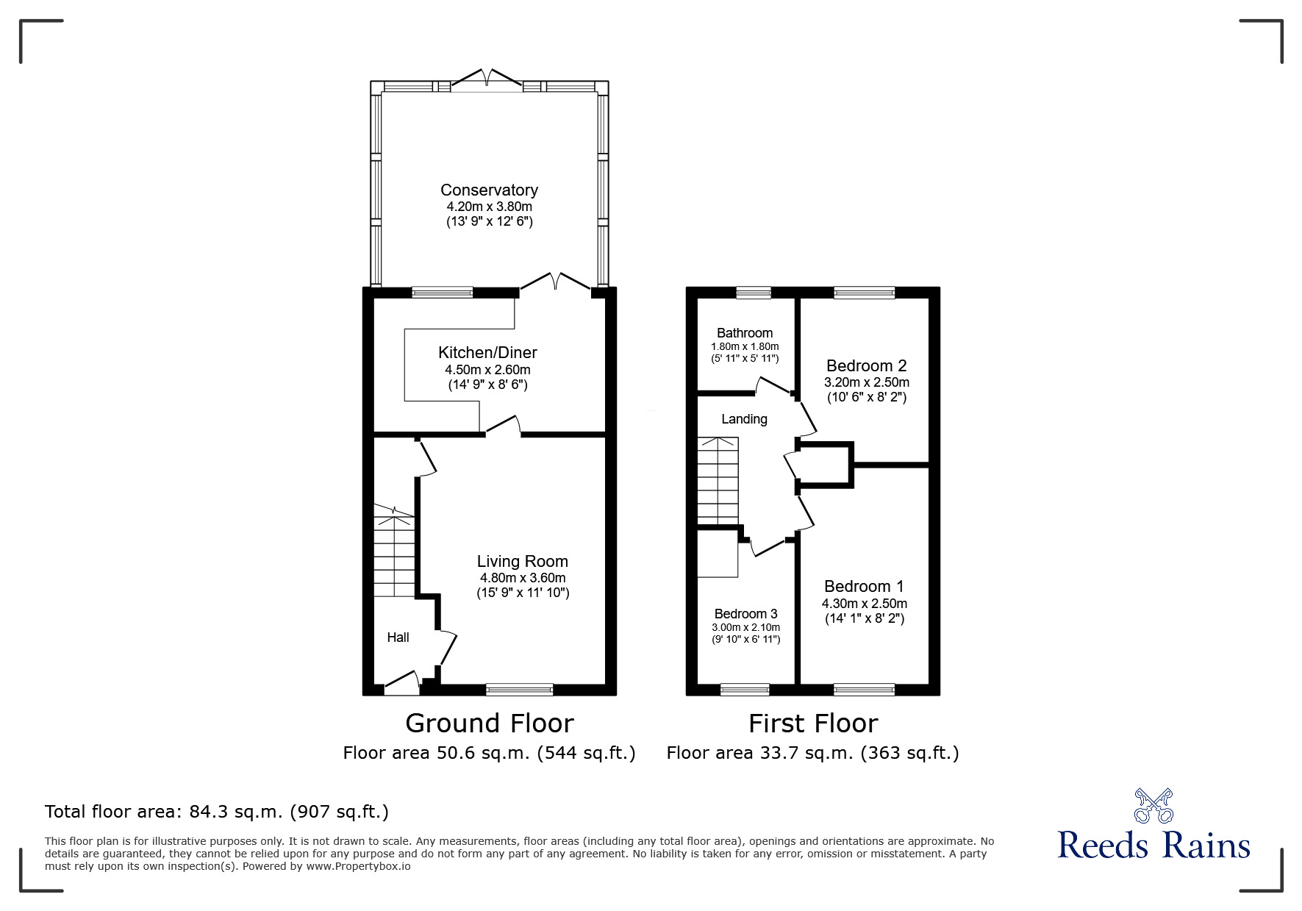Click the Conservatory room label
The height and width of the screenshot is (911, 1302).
[x=489, y=190]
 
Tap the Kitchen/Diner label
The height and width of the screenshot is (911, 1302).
[x=487, y=352]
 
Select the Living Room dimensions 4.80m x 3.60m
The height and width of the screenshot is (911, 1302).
[x=522, y=578]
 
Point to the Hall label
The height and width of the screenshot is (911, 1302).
[x=398, y=637]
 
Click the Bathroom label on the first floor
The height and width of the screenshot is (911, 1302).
[x=745, y=333]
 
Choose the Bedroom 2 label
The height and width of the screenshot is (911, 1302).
[x=866, y=365]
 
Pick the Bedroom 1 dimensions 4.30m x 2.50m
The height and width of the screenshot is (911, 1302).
[x=864, y=604]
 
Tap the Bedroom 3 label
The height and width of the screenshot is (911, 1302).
[x=745, y=614]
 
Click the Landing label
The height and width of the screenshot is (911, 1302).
[x=744, y=419]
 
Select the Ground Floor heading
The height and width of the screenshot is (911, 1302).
[x=489, y=724]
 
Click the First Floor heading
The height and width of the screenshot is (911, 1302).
[x=813, y=724]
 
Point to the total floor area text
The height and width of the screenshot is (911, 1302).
[x=217, y=812]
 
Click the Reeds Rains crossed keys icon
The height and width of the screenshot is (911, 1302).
[x=1153, y=806]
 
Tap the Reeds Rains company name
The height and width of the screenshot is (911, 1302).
[x=1153, y=846]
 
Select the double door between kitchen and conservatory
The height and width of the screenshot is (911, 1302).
[x=556, y=282]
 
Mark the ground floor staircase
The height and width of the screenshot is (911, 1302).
[x=395, y=552]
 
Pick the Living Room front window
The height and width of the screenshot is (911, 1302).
[x=519, y=689]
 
